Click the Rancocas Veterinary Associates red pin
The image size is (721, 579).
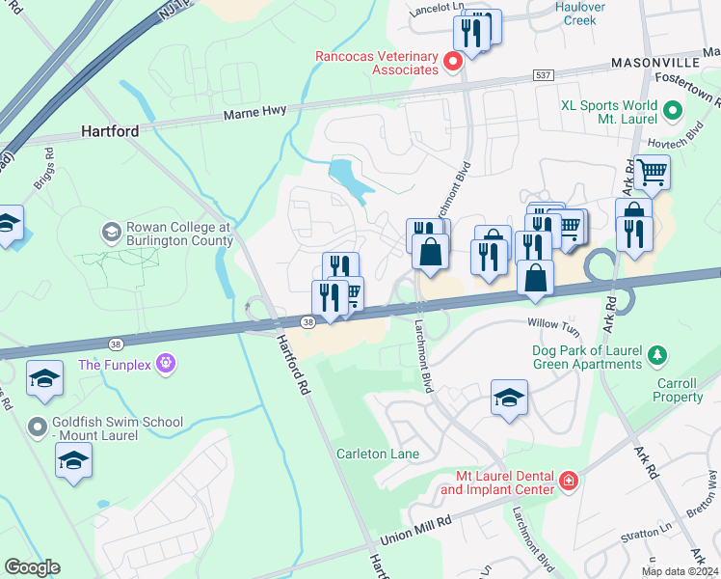tap(453, 63)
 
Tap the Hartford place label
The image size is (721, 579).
tap(110, 130)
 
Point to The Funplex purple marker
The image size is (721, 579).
tap(166, 364)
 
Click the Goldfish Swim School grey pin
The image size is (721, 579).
tap(38, 426)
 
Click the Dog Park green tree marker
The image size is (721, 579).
tap(658, 356)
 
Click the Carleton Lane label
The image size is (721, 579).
tap(375, 454)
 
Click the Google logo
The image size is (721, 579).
tap(32, 567)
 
